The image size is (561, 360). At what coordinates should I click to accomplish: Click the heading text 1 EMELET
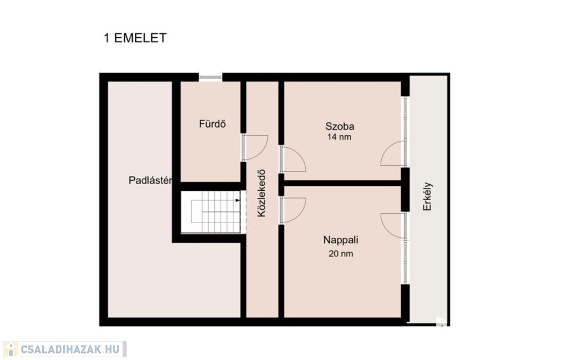pos(135,38)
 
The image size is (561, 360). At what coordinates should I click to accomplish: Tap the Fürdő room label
pos(213,124)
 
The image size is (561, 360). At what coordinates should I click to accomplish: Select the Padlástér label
pos(150,180)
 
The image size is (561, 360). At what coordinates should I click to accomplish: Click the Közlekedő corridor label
pos(262,193)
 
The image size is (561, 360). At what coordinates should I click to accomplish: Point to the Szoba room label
pos(340,126)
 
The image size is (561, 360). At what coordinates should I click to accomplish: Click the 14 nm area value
pos(339,136)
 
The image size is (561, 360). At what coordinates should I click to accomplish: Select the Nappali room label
pos(341,240)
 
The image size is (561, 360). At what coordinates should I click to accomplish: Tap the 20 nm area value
pos(341,254)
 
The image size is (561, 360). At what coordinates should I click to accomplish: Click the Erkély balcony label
pos(427,197)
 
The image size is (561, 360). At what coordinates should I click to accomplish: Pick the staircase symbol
pos(213,212)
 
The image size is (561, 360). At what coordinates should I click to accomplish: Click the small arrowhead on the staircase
pos(238,201)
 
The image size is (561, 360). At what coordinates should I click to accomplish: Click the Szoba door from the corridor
pos(293,158)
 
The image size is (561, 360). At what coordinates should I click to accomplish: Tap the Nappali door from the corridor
pos(293,211)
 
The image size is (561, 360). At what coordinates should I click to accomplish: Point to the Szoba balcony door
pos(393,153)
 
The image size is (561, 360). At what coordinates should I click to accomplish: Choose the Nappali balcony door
pos(393,226)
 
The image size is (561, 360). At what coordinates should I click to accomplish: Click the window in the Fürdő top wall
pos(210,77)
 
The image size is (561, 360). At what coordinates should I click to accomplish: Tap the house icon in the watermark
pos(10,349)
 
